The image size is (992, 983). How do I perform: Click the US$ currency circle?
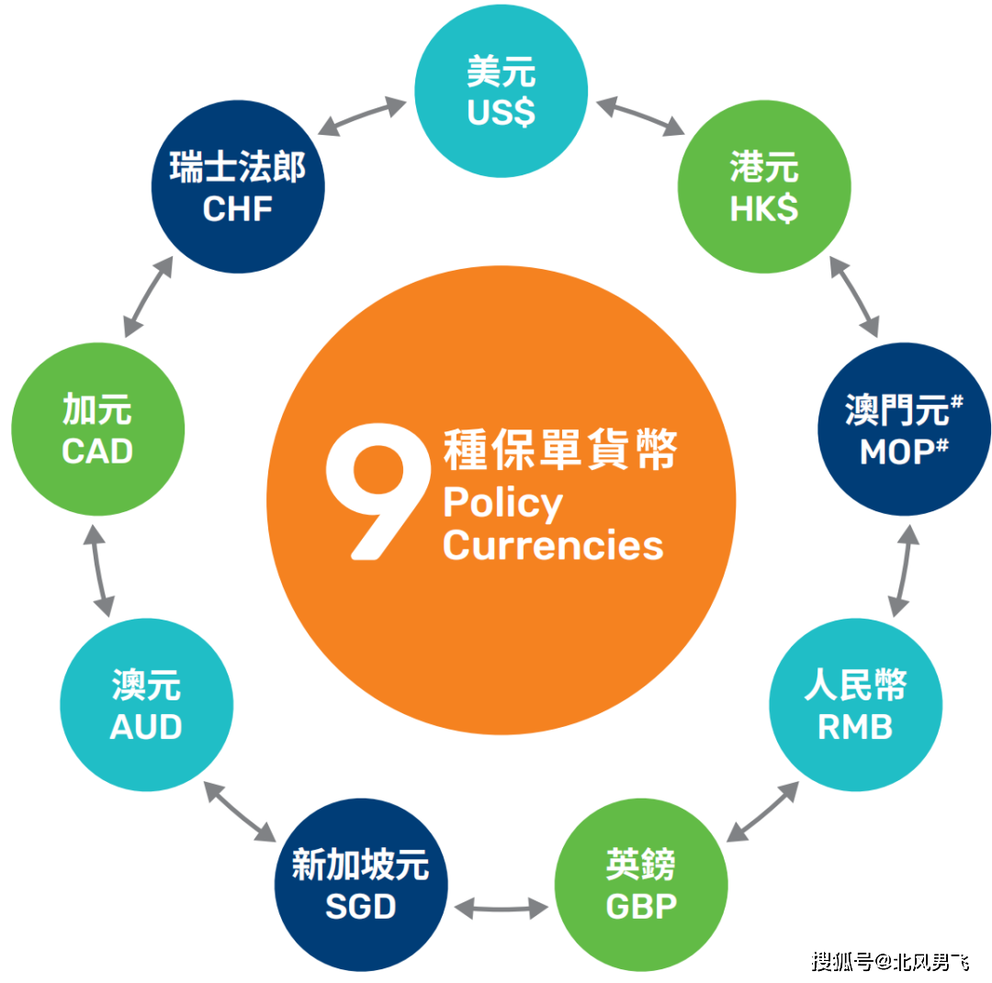(502, 93)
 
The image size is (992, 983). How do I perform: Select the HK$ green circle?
(764, 187)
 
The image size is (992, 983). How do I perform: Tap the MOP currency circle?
(904, 429)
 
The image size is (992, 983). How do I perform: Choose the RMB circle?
(855, 705)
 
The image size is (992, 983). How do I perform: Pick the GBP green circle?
(641, 886)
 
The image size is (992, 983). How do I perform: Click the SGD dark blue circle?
(361, 886)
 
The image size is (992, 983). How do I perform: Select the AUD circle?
(146, 705)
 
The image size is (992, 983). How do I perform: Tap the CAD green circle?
(97, 429)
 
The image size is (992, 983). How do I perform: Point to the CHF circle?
(238, 187)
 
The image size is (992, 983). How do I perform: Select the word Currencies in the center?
(552, 546)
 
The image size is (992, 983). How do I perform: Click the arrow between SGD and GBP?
(501, 909)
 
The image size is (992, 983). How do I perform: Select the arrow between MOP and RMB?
(904, 571)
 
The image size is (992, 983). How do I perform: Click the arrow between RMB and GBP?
(761, 811)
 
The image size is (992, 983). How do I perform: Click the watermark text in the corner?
(889, 961)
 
